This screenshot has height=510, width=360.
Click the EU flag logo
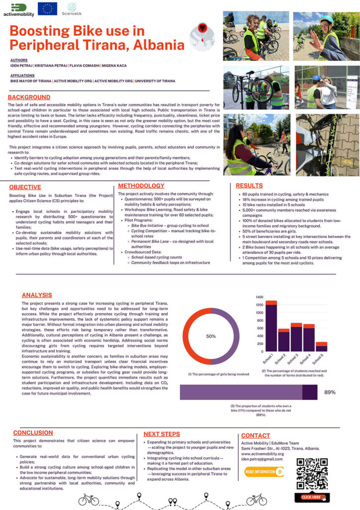(x=47, y=9)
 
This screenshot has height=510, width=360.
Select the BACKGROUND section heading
(x=29, y=97)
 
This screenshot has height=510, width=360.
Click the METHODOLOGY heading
(x=141, y=186)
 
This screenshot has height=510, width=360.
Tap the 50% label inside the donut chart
(x=211, y=336)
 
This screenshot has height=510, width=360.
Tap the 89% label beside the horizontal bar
(x=329, y=392)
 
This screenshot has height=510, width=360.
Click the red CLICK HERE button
(x=311, y=497)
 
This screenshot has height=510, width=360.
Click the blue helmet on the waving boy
(x=326, y=19)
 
